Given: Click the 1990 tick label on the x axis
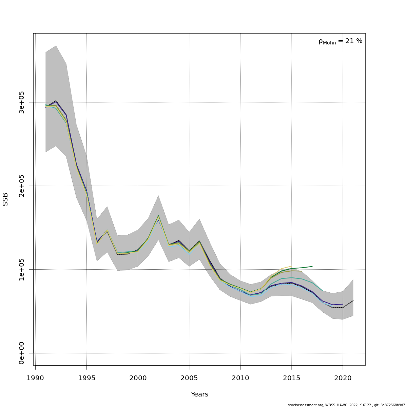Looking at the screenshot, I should click(35, 378).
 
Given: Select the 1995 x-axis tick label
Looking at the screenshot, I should click(86, 378).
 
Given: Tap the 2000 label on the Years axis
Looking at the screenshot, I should click(138, 378).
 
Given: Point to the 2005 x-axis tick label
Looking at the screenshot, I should click(189, 378).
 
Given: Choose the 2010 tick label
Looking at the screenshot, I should click(240, 378).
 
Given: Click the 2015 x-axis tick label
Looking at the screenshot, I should click(291, 378).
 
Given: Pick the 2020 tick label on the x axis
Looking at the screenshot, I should click(343, 378).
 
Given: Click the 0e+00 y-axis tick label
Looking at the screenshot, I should click(22, 353).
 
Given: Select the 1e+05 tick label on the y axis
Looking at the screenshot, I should click(22, 269).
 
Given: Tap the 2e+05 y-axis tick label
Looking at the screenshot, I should click(22, 186).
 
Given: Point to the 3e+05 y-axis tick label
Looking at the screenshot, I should click(22, 102).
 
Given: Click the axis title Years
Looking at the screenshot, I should click(199, 394).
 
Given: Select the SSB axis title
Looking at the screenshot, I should click(5, 199).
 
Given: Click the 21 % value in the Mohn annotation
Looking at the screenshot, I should click(354, 41).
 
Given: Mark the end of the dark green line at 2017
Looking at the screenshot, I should click(312, 266).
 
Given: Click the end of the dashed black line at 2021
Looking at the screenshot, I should click(353, 301).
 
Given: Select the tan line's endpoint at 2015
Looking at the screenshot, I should click(291, 266).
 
